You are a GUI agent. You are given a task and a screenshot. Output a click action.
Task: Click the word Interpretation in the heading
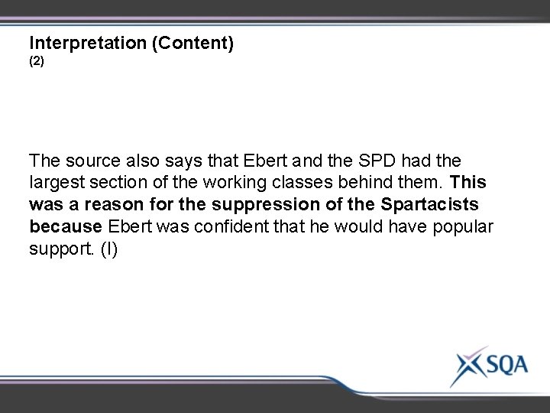88,44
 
